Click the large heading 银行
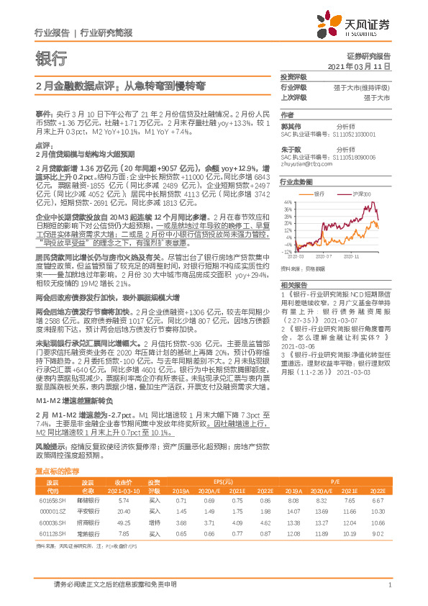tap(51, 59)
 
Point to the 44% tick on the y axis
tap(287, 202)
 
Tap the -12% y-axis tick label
tap(286, 253)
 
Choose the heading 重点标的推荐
tap(58, 471)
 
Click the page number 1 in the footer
tap(388, 586)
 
